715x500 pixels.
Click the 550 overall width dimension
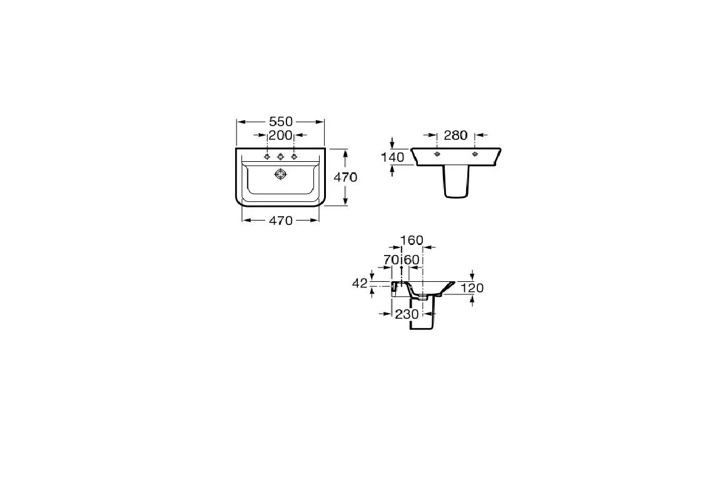pos(280,122)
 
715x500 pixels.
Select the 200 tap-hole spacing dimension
pos(280,135)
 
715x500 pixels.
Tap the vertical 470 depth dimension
pos(345,177)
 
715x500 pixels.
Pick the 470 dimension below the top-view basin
pos(280,221)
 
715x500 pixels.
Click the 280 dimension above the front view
pos(455,136)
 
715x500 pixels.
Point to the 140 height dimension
pos(393,157)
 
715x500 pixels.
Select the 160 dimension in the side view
pos(412,240)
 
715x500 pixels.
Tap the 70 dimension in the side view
pos(391,260)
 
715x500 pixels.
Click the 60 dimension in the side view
pos(412,260)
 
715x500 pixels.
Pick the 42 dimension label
pos(360,283)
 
